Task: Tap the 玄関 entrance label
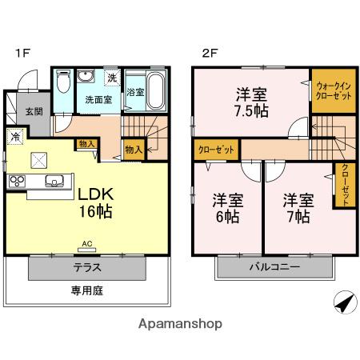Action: [33, 110]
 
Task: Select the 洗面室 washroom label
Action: [98, 100]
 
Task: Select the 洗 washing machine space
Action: [113, 78]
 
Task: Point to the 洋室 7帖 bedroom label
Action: [297, 206]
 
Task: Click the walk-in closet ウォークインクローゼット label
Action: [332, 90]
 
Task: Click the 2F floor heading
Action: [209, 54]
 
